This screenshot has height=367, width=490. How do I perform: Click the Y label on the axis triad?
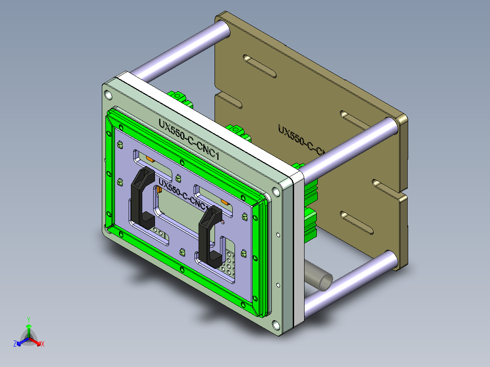pyautogui.click(x=28, y=319)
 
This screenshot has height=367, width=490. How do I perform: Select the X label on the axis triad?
pyautogui.click(x=42, y=344)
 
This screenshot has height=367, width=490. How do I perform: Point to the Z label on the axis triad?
pyautogui.click(x=15, y=344)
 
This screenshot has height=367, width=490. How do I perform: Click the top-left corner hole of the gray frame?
pyautogui.click(x=108, y=95)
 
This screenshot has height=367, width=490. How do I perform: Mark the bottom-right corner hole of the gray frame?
pyautogui.click(x=275, y=325)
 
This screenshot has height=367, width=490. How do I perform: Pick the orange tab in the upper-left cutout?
pyautogui.click(x=149, y=159)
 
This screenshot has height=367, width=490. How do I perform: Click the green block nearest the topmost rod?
pyautogui.click(x=178, y=96)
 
